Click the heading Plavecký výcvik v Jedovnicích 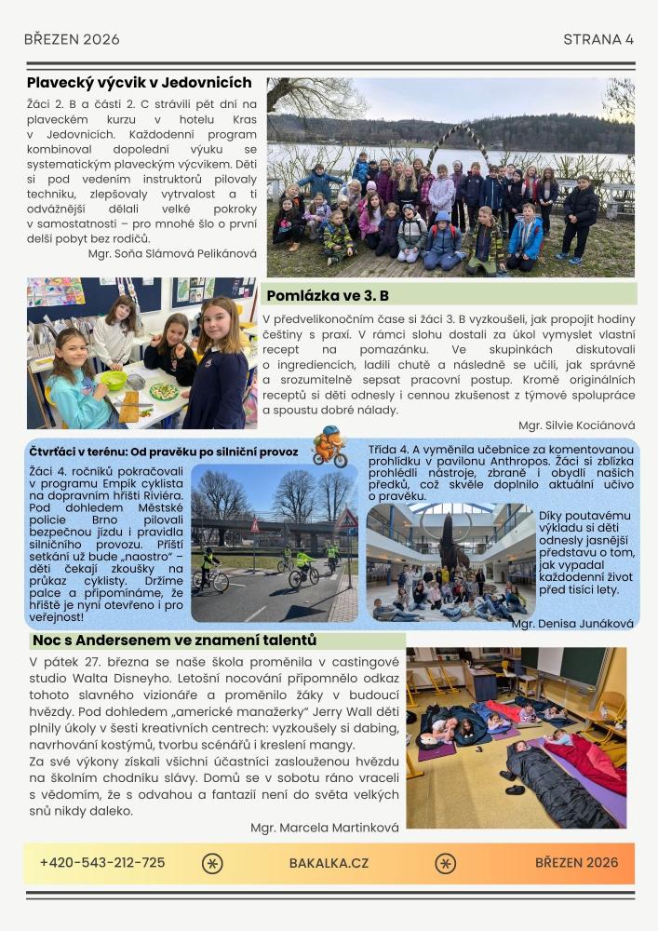(139, 83)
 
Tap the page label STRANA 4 (598, 39)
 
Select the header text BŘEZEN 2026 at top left (72, 39)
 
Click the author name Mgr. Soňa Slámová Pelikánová (172, 252)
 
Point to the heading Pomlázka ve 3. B (327, 296)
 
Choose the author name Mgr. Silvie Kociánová (577, 425)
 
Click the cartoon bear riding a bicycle (329, 446)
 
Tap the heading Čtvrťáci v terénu (163, 452)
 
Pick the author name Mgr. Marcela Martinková (324, 827)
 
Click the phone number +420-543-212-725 (102, 863)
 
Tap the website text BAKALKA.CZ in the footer (329, 863)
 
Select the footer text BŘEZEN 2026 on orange (576, 863)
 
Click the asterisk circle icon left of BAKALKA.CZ (212, 863)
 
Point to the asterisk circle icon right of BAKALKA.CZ (446, 863)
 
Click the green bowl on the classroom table (114, 380)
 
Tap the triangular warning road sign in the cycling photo (255, 525)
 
